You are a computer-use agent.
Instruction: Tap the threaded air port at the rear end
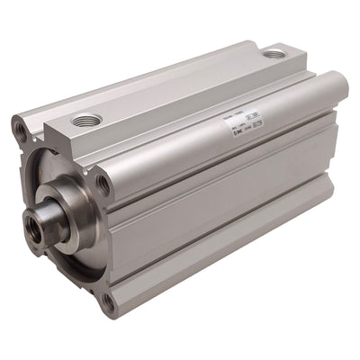pyautogui.click(x=274, y=55)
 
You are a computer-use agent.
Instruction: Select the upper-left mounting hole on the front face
pyautogui.click(x=21, y=131)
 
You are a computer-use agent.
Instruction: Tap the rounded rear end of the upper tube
pyautogui.click(x=340, y=90)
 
